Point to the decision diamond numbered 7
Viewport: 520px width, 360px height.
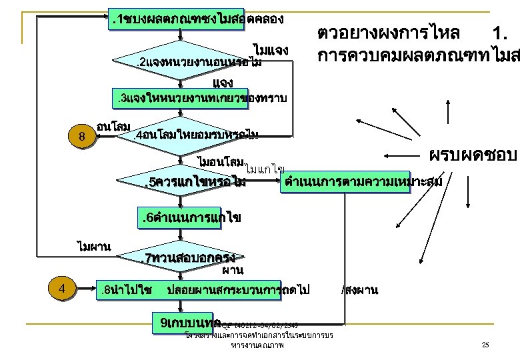[187, 257]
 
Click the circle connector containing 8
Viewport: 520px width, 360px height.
[81, 137]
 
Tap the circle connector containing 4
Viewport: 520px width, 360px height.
[61, 289]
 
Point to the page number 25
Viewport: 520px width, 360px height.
[485, 345]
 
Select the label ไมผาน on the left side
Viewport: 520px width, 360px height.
[94, 247]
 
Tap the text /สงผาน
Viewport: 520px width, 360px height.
[359, 290]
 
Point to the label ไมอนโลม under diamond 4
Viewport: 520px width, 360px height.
[219, 162]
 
